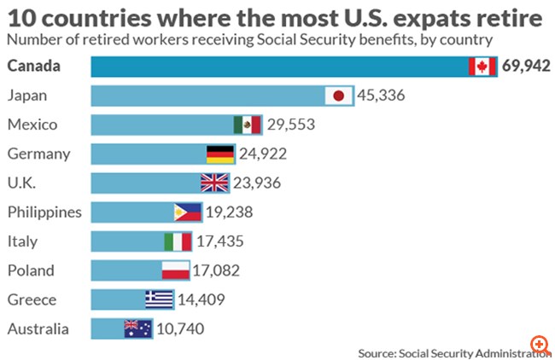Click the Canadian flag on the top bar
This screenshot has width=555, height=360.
click(482, 67)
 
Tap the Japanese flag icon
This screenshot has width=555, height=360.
click(340, 96)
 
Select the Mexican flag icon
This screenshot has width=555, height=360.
click(247, 125)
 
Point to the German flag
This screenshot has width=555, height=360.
click(219, 154)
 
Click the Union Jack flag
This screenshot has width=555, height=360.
click(213, 183)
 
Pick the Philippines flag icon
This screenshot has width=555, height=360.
click(187, 212)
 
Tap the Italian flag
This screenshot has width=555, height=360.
click(178, 241)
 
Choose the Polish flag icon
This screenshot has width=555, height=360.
click(175, 270)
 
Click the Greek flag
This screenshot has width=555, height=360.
click(159, 299)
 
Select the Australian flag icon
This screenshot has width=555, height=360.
click(137, 328)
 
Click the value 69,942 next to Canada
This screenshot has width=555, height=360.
click(526, 67)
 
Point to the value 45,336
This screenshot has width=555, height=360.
click(381, 96)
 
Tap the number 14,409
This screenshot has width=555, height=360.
click(203, 299)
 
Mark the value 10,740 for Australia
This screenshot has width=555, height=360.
click(181, 328)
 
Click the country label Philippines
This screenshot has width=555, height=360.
click(44, 212)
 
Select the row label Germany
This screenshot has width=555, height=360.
click(38, 154)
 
